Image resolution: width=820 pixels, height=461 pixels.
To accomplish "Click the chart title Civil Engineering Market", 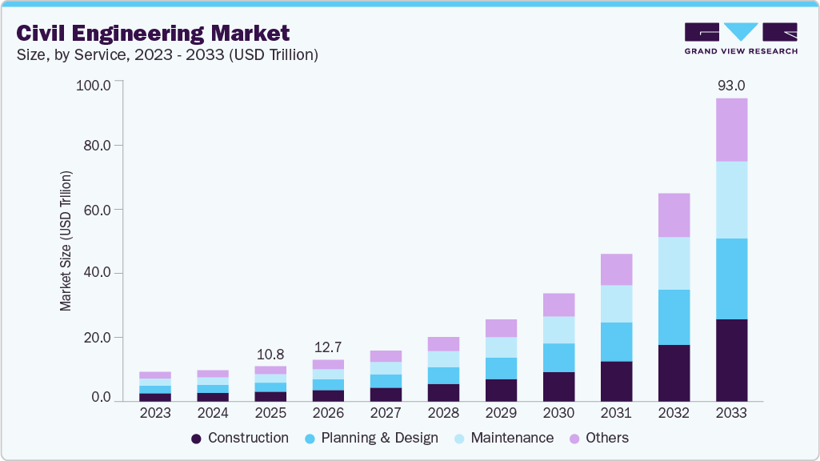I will [153, 34].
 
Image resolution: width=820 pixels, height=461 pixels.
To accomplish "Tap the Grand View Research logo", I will [740, 38].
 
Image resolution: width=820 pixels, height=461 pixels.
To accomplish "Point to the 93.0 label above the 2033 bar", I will [730, 85].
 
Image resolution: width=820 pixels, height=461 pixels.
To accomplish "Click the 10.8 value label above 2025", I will [270, 354].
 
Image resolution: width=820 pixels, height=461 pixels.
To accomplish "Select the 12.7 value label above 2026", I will [328, 347].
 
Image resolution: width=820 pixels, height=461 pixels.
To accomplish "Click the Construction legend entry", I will [240, 438].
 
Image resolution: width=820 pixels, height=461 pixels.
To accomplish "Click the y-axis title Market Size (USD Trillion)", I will [66, 241].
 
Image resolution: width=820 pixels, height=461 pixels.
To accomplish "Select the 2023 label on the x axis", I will [154, 413].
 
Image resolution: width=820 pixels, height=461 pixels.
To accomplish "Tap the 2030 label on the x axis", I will [558, 413].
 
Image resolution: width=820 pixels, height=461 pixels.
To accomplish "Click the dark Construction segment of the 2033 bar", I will [731, 360].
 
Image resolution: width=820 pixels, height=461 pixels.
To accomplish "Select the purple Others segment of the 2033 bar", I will [731, 130].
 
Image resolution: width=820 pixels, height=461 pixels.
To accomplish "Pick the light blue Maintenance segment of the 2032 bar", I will [674, 263].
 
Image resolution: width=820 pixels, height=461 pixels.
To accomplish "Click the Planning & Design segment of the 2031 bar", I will [616, 342].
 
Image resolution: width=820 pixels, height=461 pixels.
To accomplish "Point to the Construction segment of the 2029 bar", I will [501, 390].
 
